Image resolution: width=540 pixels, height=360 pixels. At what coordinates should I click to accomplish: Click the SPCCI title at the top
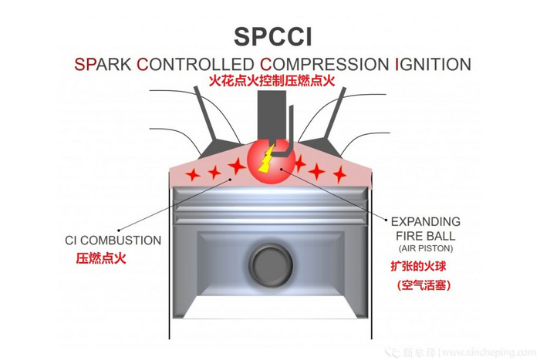click(x=270, y=38)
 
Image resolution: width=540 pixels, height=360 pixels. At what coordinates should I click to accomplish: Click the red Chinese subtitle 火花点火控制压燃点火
click(x=269, y=81)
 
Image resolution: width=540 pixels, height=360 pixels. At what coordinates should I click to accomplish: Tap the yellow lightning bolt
click(x=267, y=160)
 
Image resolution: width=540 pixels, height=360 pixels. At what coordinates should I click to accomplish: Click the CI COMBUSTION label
click(x=113, y=241)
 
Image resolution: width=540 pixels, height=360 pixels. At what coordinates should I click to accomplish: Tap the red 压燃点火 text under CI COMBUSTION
click(x=100, y=258)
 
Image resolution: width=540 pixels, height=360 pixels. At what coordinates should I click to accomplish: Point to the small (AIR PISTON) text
click(x=425, y=249)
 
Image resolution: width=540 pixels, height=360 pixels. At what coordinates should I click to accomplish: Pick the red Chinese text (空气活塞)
click(x=424, y=286)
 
